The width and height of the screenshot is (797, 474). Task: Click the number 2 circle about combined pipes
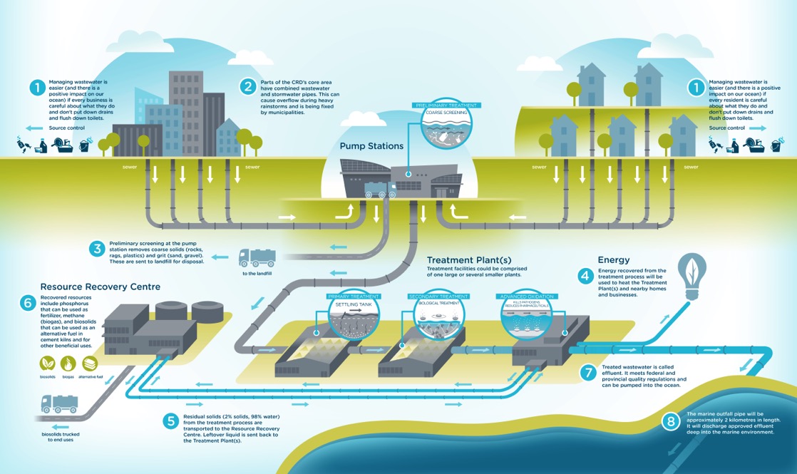point(248,87)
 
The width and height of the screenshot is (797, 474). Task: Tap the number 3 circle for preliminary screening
point(97,249)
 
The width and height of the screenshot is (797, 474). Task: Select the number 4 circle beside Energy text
point(585,275)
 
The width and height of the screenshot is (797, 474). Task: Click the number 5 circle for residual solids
point(170,421)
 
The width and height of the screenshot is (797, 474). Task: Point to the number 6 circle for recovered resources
point(29,303)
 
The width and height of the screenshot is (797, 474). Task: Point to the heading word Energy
point(614,259)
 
